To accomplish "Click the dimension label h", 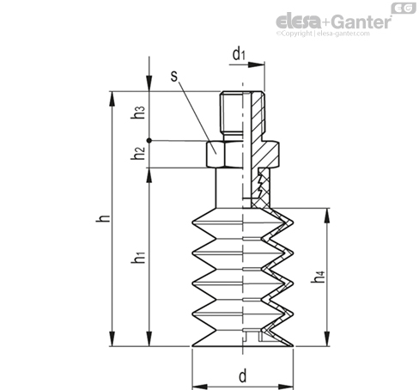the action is coord(103,218).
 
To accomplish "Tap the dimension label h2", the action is coord(138,153).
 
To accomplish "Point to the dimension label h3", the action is coord(138,113).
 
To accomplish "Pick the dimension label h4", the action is coord(319,277).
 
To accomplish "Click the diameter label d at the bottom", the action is coord(243,376).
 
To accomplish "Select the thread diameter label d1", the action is coord(239,54).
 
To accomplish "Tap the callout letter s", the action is coord(174,76).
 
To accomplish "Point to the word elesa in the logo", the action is coord(300,21).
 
